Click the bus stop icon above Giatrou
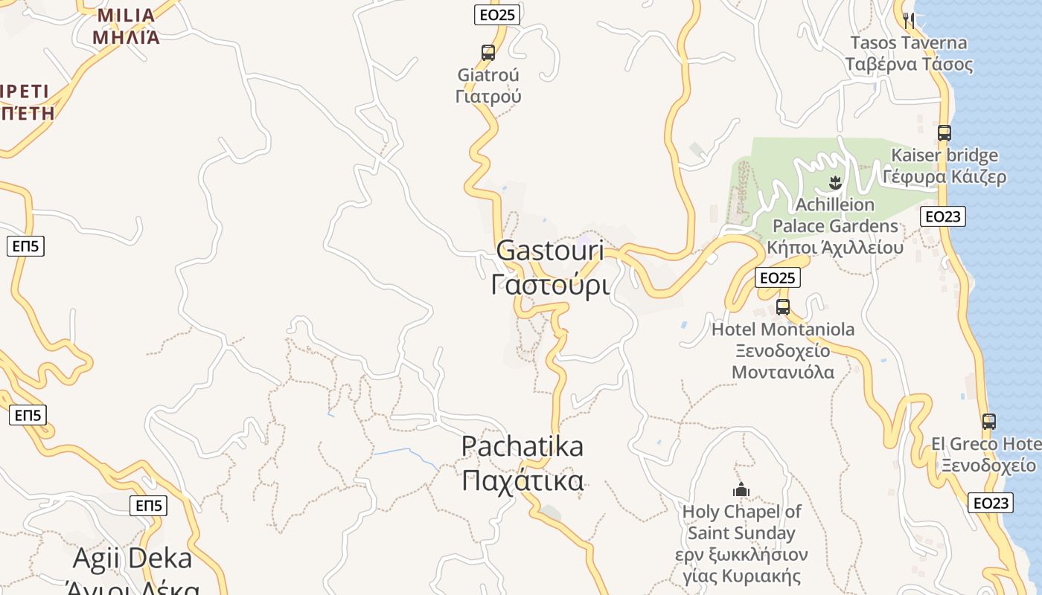click(x=488, y=53)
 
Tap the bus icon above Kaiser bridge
click(x=944, y=133)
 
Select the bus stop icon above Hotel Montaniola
click(x=783, y=306)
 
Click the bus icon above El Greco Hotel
click(x=988, y=422)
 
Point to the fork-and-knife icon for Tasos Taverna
click(x=908, y=20)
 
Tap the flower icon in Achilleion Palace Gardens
click(x=835, y=182)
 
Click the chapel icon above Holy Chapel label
click(x=741, y=489)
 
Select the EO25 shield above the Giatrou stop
click(x=496, y=14)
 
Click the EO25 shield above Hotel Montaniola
click(x=777, y=278)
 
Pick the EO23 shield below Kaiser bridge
click(x=942, y=216)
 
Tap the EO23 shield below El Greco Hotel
click(x=991, y=503)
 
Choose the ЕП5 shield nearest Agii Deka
click(x=148, y=506)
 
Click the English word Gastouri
click(x=550, y=251)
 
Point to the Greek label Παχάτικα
click(x=522, y=481)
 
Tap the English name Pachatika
click(x=522, y=446)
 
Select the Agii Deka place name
click(x=132, y=558)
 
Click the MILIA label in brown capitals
click(x=126, y=16)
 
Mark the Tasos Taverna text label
click(x=909, y=43)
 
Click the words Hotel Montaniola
click(x=783, y=329)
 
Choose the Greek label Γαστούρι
click(x=550, y=284)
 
